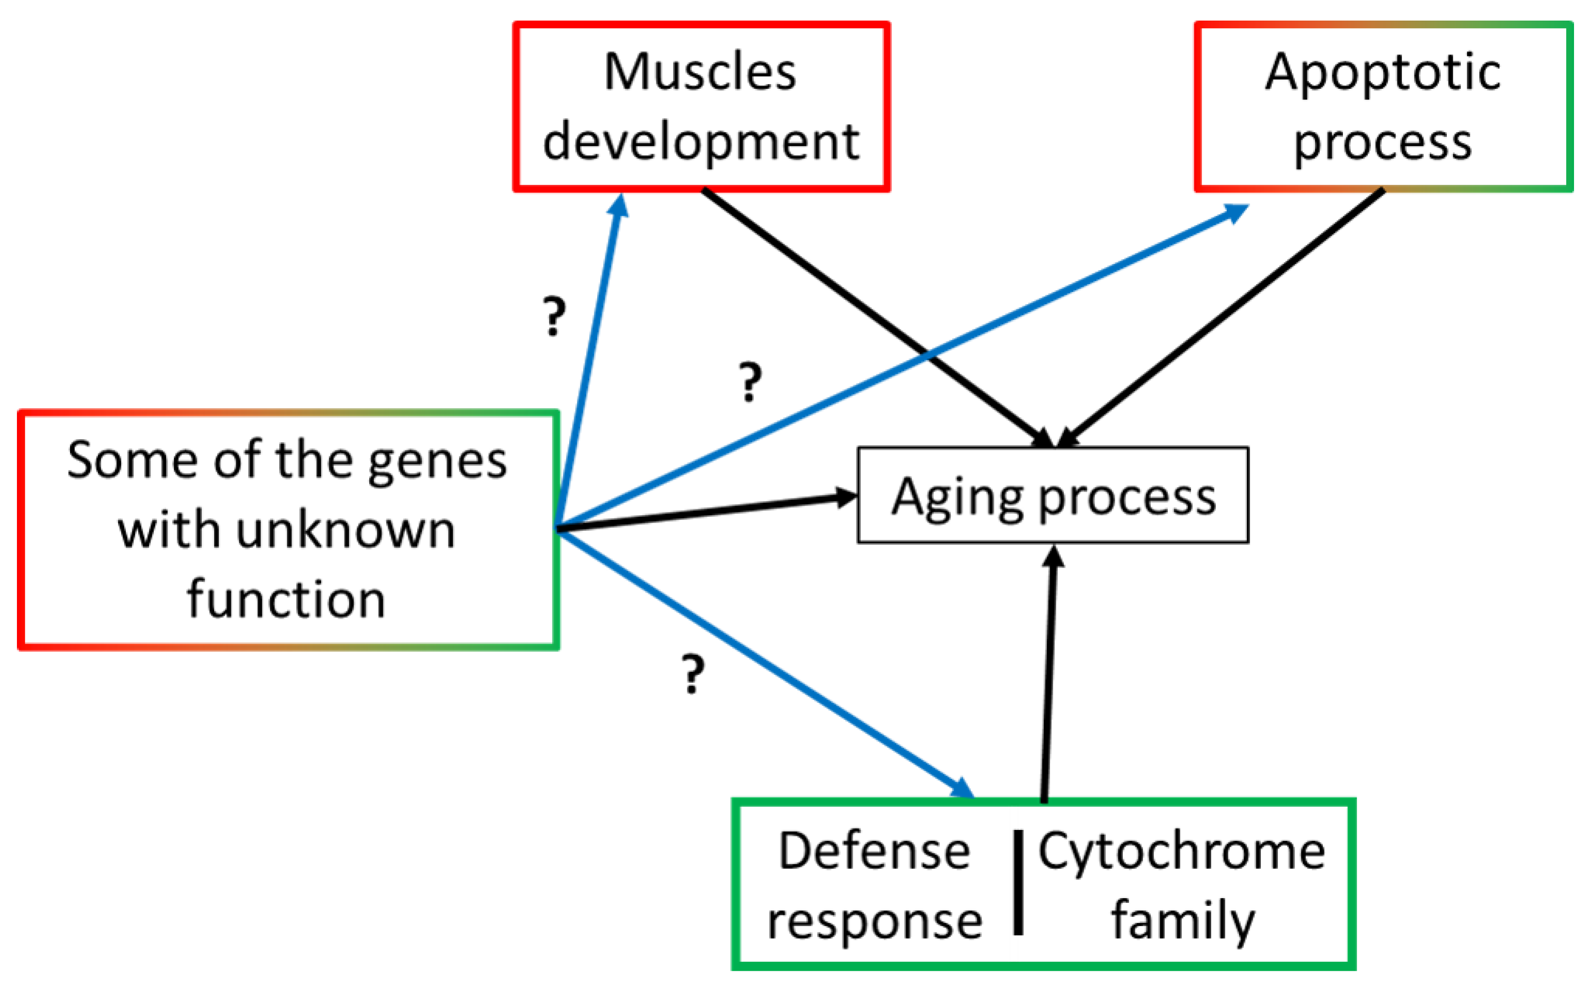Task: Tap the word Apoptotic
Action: [1382, 73]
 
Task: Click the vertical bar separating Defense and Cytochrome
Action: [1018, 882]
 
